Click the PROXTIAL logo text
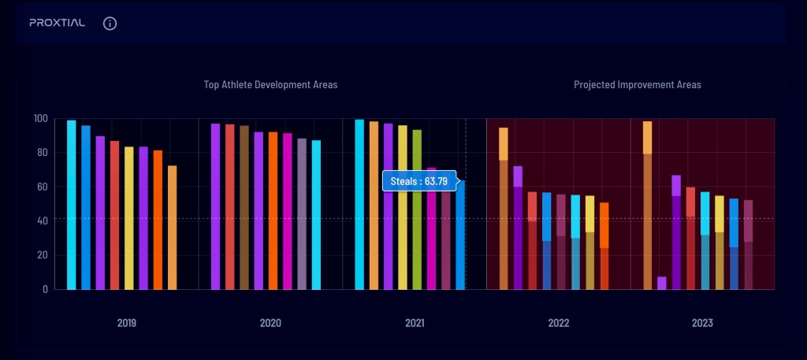click(x=57, y=23)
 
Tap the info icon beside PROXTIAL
click(x=110, y=23)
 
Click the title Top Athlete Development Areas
click(x=270, y=84)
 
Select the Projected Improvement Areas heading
click(x=637, y=84)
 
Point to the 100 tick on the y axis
click(x=40, y=119)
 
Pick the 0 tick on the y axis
click(x=46, y=289)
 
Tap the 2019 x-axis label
click(x=126, y=323)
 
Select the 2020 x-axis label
click(x=270, y=323)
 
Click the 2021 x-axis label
click(x=414, y=323)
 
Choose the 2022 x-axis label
click(x=558, y=323)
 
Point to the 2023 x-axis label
click(x=702, y=323)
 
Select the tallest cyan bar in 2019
click(x=72, y=205)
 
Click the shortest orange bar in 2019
click(x=172, y=228)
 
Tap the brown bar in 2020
click(x=244, y=207)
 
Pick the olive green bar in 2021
click(x=417, y=210)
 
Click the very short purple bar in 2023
click(x=662, y=283)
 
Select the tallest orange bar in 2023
click(x=647, y=205)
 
